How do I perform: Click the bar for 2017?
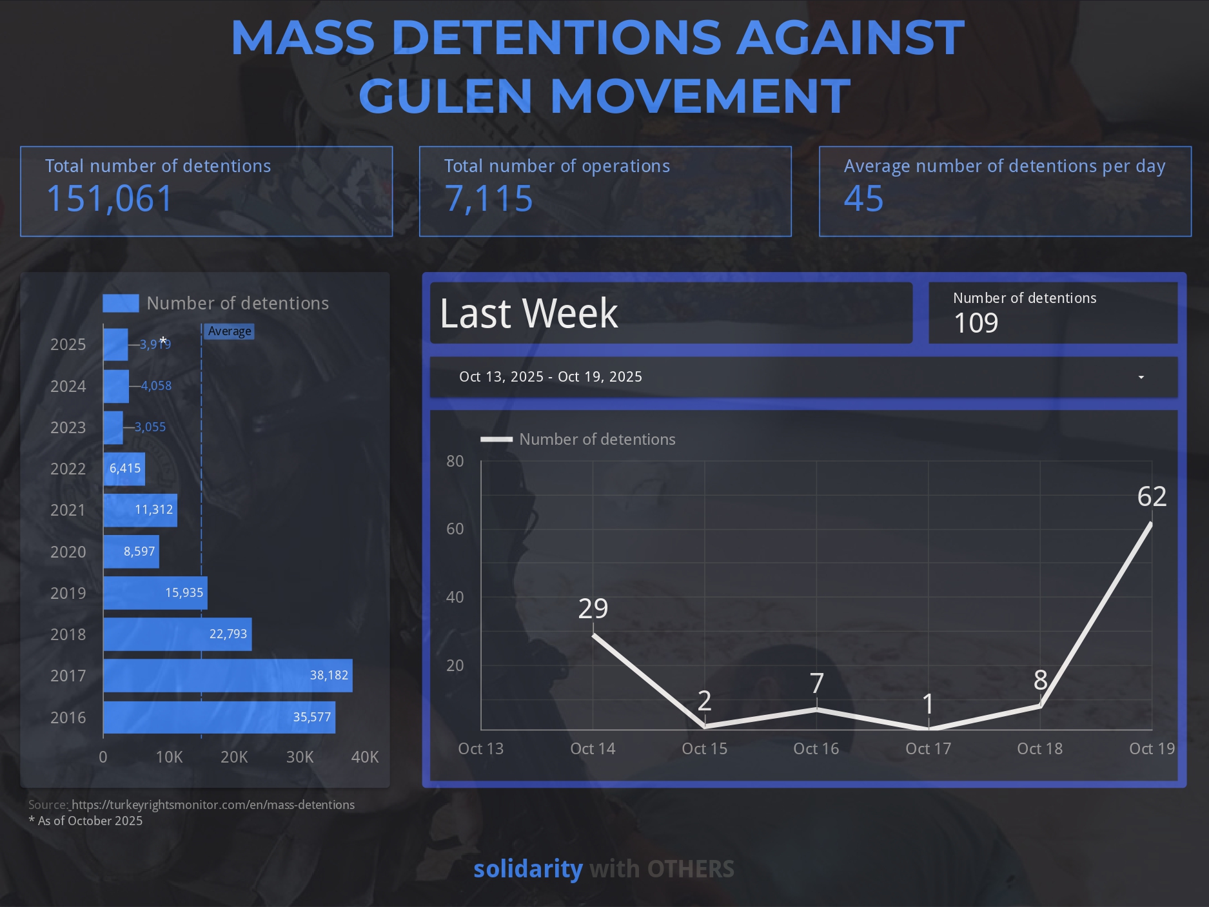click(227, 676)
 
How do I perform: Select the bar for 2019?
click(155, 593)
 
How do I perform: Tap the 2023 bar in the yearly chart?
click(113, 427)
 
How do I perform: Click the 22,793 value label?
click(228, 634)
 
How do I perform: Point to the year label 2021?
click(68, 511)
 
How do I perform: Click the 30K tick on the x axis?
click(300, 757)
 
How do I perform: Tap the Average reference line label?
click(230, 331)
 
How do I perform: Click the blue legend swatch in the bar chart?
click(121, 303)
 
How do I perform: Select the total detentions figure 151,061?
click(110, 199)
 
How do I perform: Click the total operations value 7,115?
click(489, 199)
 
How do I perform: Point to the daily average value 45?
click(863, 199)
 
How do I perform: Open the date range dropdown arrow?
click(1141, 377)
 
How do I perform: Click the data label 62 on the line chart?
click(1152, 496)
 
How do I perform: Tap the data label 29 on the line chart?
click(593, 609)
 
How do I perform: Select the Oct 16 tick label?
click(816, 748)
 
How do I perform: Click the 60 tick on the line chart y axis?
click(455, 529)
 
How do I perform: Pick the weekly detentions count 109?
click(976, 323)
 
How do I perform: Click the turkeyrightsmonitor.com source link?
click(213, 805)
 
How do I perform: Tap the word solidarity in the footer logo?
click(528, 869)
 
